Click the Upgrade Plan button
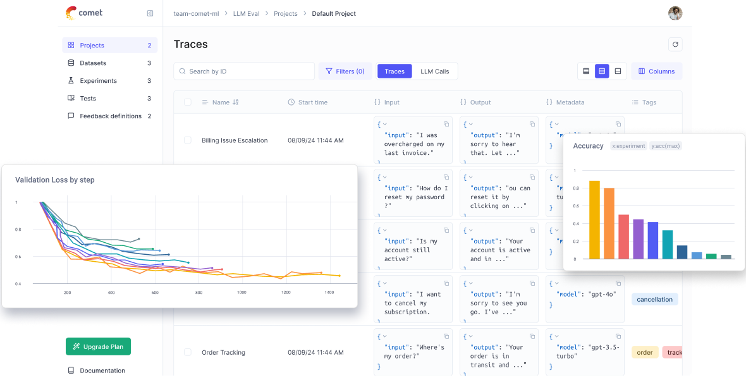point(98,346)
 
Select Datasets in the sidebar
point(93,63)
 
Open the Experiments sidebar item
point(98,81)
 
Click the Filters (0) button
point(345,71)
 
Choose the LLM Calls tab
point(434,71)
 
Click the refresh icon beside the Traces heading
point(675,44)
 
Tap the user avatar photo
point(675,13)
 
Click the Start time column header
point(312,102)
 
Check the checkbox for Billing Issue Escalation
point(188,140)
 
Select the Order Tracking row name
point(223,352)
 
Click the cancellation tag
point(654,300)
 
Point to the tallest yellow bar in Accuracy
point(594,219)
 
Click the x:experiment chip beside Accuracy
point(628,146)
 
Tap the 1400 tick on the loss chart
point(329,293)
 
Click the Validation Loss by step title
point(55,180)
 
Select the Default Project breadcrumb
point(334,13)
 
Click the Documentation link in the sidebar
point(102,371)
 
